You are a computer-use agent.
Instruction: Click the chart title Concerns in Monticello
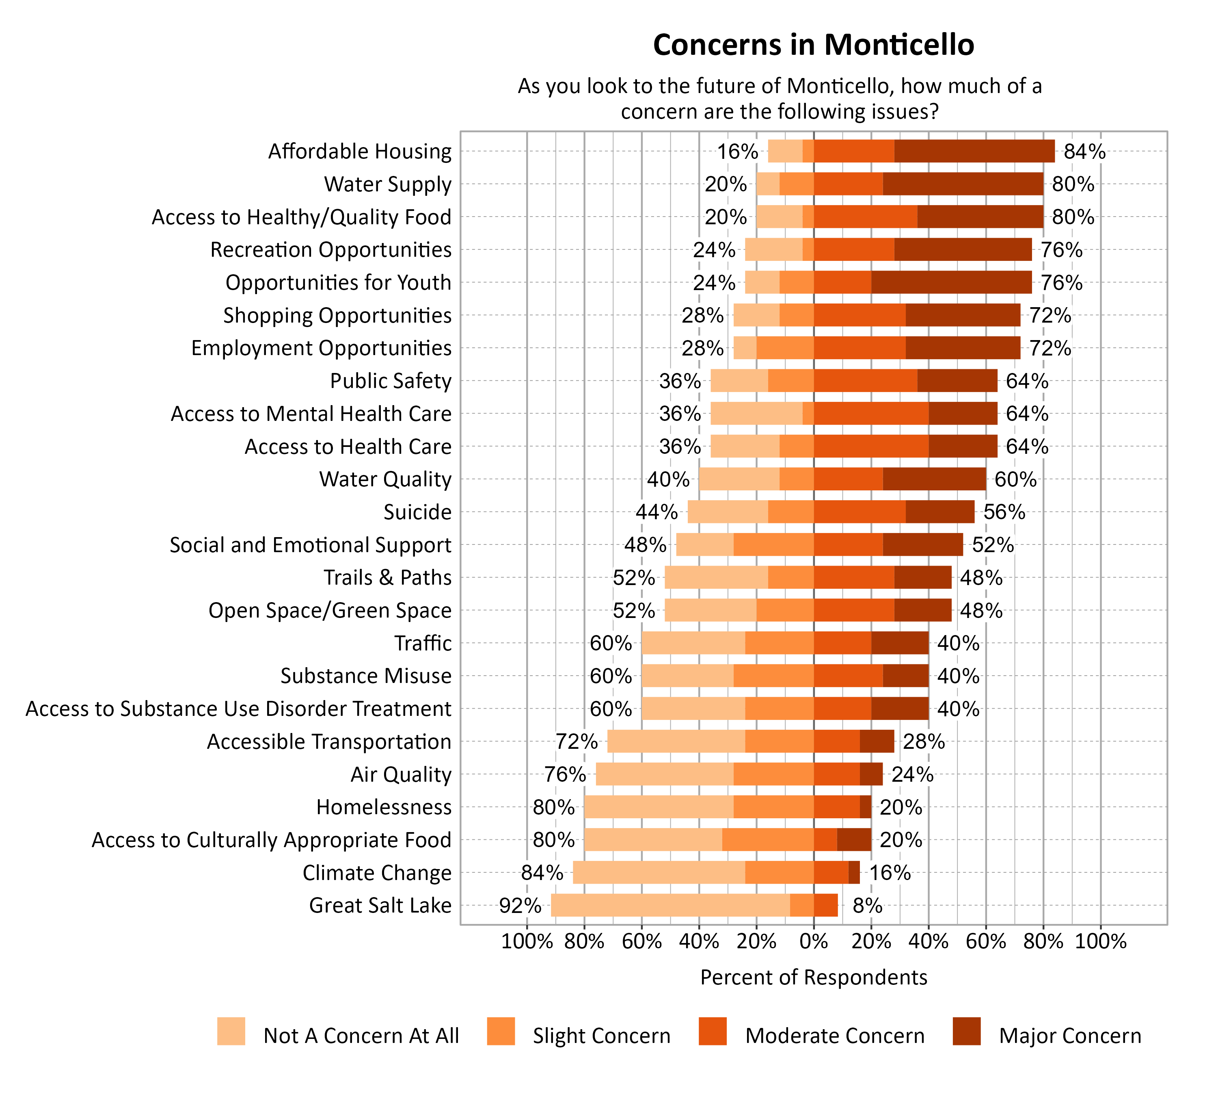coord(813,45)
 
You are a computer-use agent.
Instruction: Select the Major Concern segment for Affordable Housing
coord(974,151)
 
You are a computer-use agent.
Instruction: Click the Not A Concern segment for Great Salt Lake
coord(670,905)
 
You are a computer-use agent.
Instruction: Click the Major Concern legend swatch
coord(966,1031)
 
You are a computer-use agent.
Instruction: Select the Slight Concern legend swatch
coord(501,1031)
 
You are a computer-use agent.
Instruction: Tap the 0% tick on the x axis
coord(813,941)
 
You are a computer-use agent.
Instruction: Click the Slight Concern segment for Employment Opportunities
coord(785,348)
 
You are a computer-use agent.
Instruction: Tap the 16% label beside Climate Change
coord(890,873)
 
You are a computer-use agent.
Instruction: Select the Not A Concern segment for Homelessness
coord(659,807)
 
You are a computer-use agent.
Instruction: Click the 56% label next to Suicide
coord(1004,512)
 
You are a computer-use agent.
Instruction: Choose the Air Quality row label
coord(401,774)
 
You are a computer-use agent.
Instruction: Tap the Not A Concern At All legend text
coord(361,1036)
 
